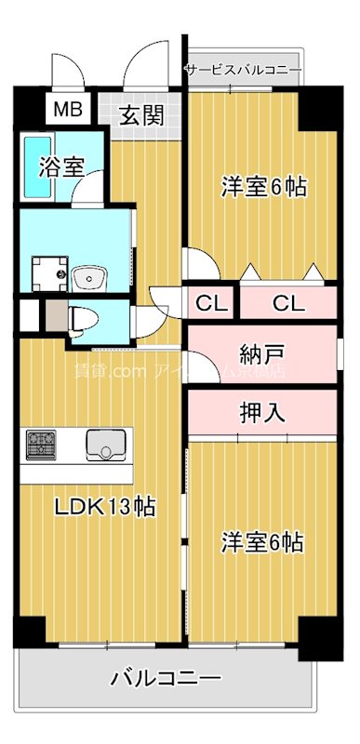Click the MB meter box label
click(x=66, y=109)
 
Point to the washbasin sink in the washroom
click(x=90, y=276)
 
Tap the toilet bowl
click(x=81, y=318)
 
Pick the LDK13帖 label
click(x=104, y=508)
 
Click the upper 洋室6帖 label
click(x=263, y=185)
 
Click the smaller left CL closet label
click(x=210, y=302)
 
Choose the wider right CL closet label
click(x=287, y=302)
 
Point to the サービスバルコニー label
click(x=244, y=70)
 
